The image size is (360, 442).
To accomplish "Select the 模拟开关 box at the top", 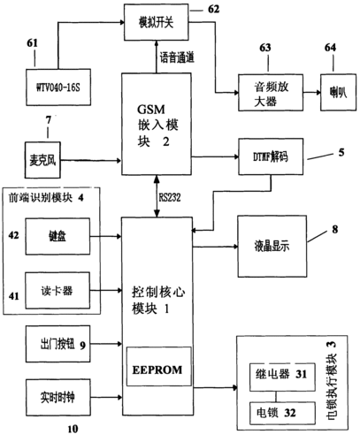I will pos(156,16).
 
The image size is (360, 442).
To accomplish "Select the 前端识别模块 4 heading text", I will pos(44,196).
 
